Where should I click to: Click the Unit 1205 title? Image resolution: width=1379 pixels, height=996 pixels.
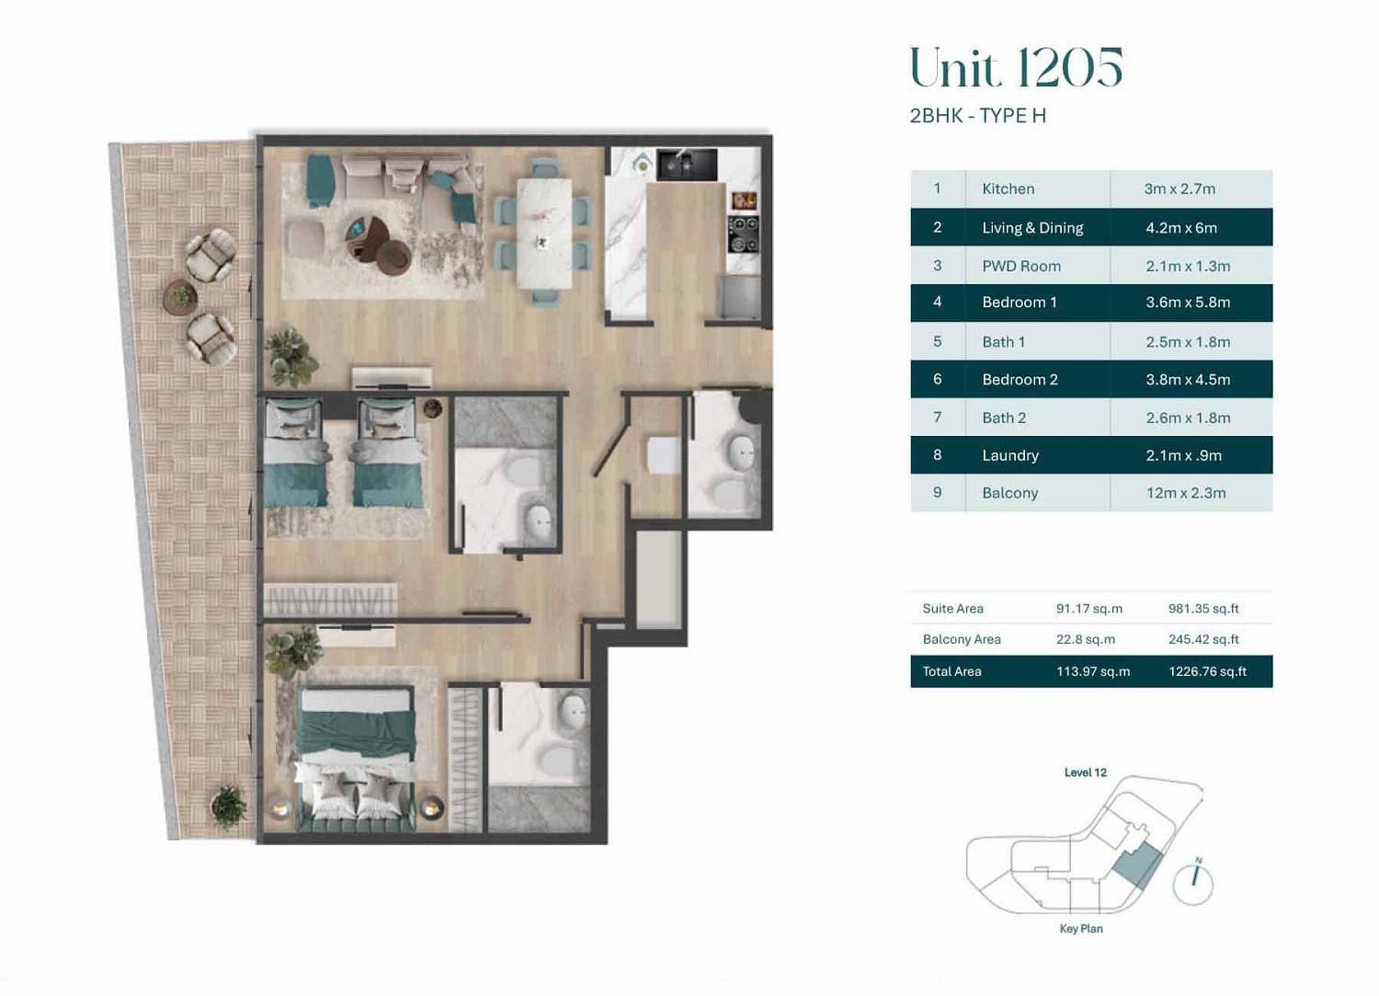[1015, 68]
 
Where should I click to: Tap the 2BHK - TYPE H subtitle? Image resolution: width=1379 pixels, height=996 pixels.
[977, 116]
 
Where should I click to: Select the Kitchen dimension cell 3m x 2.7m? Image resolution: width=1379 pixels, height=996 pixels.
[1180, 189]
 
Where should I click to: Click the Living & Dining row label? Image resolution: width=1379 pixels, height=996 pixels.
[1031, 227]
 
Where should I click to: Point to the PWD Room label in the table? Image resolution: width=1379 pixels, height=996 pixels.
[1020, 266]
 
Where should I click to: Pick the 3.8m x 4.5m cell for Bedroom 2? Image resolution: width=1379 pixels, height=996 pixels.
[1187, 379]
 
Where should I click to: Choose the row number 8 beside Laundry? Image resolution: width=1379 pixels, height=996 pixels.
[937, 454]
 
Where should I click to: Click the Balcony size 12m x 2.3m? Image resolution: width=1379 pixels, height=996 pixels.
[1185, 493]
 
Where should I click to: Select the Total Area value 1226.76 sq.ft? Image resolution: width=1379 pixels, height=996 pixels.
[1207, 671]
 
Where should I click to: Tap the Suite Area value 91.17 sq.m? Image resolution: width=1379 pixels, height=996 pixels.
[1088, 609]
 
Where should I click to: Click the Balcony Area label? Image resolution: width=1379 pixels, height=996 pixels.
[961, 639]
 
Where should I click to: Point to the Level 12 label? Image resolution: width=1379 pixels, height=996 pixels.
[1085, 773]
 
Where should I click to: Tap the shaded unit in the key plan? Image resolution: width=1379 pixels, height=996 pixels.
[1137, 866]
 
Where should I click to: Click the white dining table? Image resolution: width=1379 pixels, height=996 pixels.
[544, 233]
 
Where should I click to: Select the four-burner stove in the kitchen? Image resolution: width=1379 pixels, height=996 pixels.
[743, 234]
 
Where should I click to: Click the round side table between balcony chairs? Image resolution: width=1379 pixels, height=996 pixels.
[181, 297]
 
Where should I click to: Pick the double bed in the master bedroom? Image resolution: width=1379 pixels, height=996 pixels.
[355, 754]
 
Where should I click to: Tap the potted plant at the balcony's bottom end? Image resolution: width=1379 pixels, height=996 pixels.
[228, 807]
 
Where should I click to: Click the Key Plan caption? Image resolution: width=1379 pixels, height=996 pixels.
[1080, 929]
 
